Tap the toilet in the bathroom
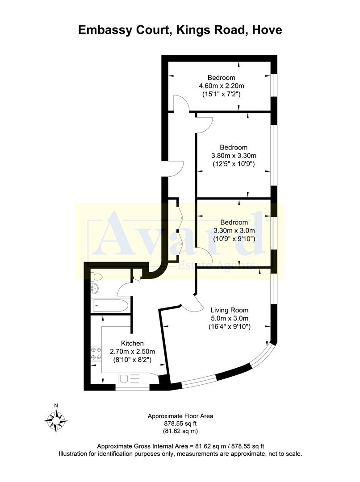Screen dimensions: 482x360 (96, 277)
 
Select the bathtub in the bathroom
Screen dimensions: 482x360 (110, 306)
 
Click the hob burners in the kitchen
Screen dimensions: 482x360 (96, 353)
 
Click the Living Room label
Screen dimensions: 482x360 (230, 310)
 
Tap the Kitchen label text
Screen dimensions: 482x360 (132, 343)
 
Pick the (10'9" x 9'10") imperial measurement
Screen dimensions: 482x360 (234, 239)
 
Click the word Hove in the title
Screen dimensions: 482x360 (266, 30)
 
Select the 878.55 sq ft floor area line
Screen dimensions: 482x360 (180, 424)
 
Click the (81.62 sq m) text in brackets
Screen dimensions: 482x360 (180, 431)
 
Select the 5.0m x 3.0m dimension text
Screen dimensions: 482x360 (230, 318)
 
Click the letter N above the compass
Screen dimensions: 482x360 (56, 405)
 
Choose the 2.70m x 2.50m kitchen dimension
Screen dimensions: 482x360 (132, 351)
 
